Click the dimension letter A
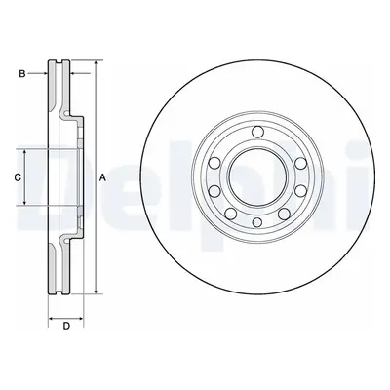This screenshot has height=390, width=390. [x=102, y=177]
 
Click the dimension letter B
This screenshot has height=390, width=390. [x=22, y=74]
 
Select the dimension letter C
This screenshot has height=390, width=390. [x=18, y=177]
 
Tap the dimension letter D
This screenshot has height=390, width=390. [x=66, y=326]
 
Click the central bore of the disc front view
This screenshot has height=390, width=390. [x=257, y=176]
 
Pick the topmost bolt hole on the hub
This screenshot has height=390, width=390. [x=257, y=132]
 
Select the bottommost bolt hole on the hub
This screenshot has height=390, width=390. [x=257, y=222]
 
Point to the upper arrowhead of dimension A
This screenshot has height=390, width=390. [x=96, y=63]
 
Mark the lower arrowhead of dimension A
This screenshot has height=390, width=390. [x=96, y=292]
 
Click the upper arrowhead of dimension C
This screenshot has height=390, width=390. [x=25, y=153]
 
